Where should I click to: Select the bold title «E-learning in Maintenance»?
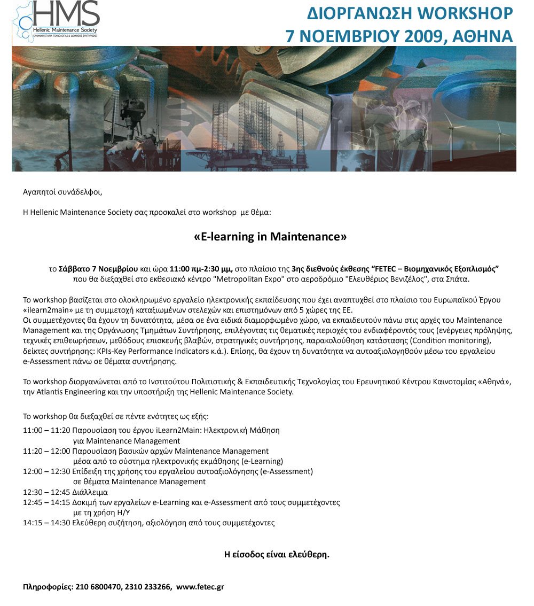pyautogui.click(x=270, y=236)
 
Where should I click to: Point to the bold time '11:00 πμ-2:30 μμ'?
pyautogui.click(x=201, y=269)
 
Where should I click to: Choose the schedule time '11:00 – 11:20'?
pyautogui.click(x=46, y=430)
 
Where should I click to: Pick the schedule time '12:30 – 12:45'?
pyautogui.click(x=46, y=492)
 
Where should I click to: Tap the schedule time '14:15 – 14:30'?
pyautogui.click(x=46, y=523)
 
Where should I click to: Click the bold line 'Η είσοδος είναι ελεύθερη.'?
pyautogui.click(x=277, y=554)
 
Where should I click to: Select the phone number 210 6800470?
pyautogui.click(x=99, y=587)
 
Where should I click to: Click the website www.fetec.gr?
pyautogui.click(x=200, y=587)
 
